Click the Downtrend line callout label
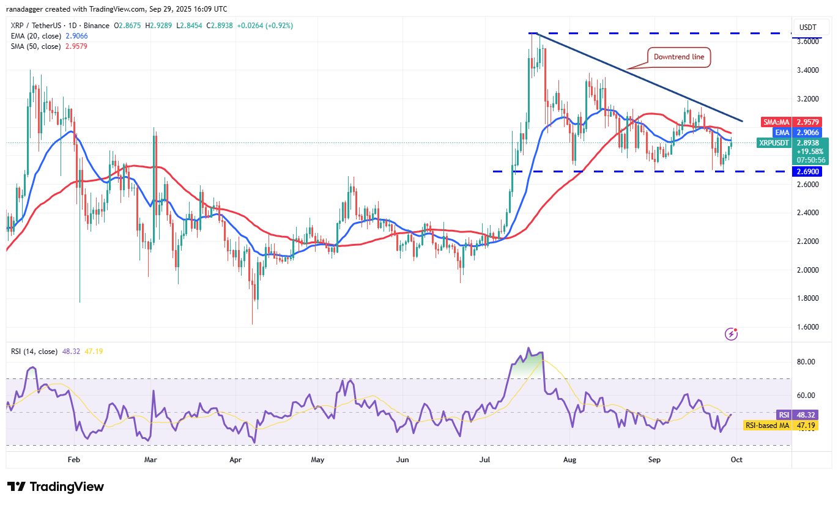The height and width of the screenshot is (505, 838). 679,57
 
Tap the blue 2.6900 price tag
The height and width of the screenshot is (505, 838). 809,172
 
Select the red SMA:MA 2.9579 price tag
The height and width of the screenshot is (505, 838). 793,122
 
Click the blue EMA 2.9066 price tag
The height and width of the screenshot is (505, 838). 793,132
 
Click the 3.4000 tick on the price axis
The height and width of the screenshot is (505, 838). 809,70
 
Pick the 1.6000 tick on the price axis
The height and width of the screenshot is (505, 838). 809,327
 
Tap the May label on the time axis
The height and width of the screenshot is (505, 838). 317,459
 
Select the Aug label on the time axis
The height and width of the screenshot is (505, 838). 570,459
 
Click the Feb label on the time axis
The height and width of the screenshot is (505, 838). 73,459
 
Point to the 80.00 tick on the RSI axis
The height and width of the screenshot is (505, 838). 807,362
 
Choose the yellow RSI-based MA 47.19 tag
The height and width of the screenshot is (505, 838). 789,425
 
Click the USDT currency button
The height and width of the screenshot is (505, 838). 808,27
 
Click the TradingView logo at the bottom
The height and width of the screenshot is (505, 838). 56,487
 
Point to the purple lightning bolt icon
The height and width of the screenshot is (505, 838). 731,334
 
